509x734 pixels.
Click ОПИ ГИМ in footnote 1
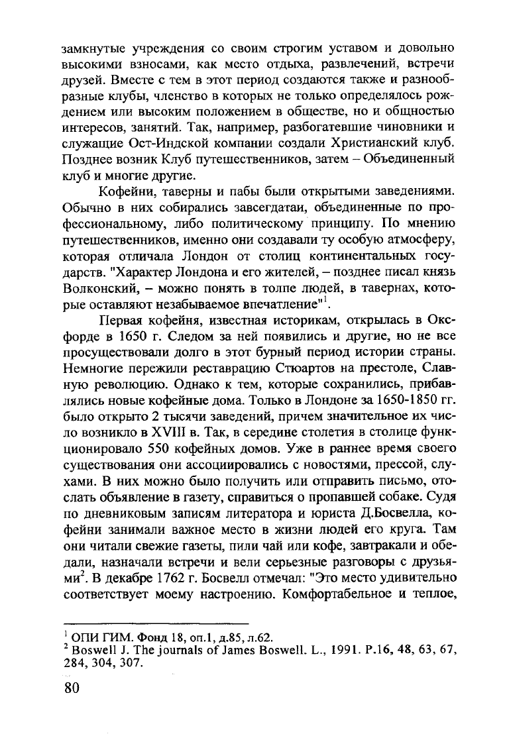tap(94, 638)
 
